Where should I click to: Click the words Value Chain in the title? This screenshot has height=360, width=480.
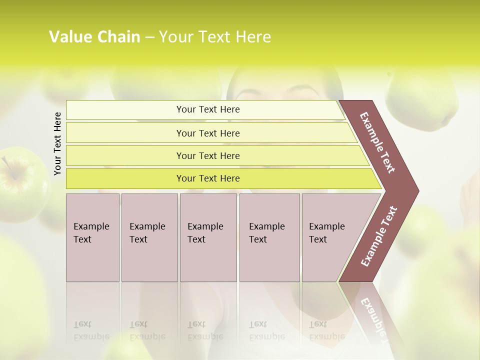[94, 37]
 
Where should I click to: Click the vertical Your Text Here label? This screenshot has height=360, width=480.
[57, 143]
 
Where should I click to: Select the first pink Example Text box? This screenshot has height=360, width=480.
[92, 237]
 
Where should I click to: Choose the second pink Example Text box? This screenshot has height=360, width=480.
[149, 237]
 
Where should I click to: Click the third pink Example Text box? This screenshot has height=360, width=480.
[208, 237]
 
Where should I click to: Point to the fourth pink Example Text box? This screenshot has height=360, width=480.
[269, 237]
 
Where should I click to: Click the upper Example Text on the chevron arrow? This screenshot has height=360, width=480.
[377, 142]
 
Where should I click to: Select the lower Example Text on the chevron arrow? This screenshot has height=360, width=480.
[378, 236]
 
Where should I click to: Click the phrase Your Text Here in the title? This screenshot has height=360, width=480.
[215, 37]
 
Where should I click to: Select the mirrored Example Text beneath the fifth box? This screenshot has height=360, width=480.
[326, 330]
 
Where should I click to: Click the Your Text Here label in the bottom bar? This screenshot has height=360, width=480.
[208, 178]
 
